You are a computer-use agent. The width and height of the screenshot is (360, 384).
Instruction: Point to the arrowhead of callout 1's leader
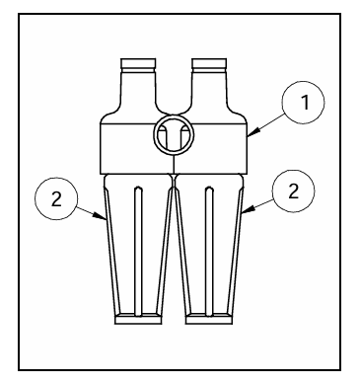253,132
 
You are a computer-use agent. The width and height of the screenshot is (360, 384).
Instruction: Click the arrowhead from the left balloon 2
100,215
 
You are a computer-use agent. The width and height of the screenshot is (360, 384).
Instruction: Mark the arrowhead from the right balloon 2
249,209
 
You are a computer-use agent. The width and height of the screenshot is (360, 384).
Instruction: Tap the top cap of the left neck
138,63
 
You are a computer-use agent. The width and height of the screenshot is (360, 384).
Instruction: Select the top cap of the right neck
209,63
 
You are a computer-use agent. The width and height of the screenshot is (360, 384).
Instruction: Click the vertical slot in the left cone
138,252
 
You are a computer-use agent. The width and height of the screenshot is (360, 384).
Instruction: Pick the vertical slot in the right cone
209,252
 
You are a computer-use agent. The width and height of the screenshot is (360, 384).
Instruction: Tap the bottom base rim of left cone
138,319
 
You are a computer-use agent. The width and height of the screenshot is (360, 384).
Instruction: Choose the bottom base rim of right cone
209,319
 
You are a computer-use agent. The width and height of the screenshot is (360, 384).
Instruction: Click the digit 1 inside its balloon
306,103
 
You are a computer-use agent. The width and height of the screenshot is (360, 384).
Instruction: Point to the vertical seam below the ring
174,164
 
